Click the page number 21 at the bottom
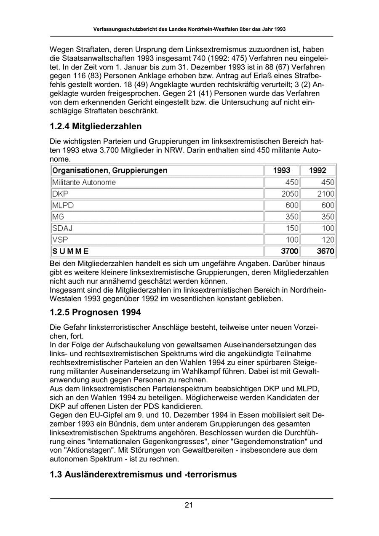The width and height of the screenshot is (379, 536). coord(189,505)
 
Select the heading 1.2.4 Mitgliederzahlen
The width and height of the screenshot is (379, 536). coord(96,126)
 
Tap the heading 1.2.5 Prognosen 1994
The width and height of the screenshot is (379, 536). coord(95,313)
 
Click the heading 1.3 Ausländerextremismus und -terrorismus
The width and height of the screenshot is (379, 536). coord(143,475)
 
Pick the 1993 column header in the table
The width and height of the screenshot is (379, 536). coord(282,171)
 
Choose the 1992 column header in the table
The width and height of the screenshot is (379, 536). coord(318,171)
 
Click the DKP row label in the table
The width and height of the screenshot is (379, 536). coord(60,194)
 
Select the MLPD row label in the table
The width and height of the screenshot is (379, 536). coord(63,205)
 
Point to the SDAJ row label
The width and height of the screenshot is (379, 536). coord(62,228)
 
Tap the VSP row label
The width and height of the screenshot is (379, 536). coord(60,240)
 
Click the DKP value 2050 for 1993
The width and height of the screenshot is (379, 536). coord(290,194)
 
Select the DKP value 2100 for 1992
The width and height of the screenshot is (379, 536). coord(326,194)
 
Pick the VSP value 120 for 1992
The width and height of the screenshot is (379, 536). coord(328,240)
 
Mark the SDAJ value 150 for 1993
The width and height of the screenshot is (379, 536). coord(292,228)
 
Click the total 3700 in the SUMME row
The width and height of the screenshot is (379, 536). coord(290,251)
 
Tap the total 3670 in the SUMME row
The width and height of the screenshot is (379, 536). coord(326,251)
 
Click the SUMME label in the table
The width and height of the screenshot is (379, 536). coord(70,251)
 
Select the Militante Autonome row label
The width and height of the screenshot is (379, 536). coord(83,182)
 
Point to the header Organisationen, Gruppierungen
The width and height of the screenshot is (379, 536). coord(109,171)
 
